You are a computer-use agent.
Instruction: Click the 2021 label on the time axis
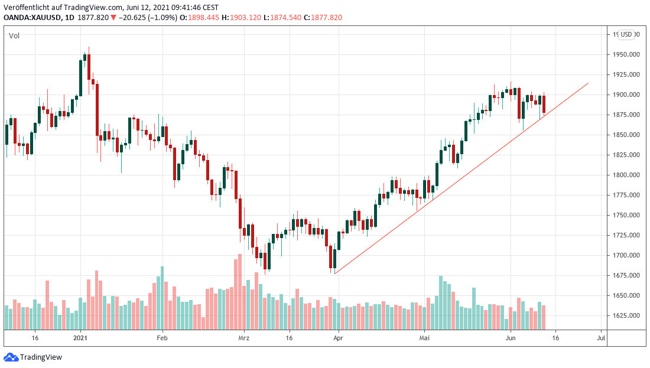coord(80,338)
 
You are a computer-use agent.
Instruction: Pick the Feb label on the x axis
coord(162,338)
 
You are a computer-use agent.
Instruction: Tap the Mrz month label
coord(243,338)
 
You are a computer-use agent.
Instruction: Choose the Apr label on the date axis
coord(337,338)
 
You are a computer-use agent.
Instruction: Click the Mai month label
coord(424,338)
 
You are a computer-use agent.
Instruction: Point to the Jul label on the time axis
coord(601,338)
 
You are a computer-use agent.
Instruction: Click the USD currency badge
coord(626,35)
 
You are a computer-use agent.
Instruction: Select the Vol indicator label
coord(14,36)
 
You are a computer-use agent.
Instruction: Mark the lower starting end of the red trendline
coord(334,273)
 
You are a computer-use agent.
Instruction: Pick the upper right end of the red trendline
coord(589,83)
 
